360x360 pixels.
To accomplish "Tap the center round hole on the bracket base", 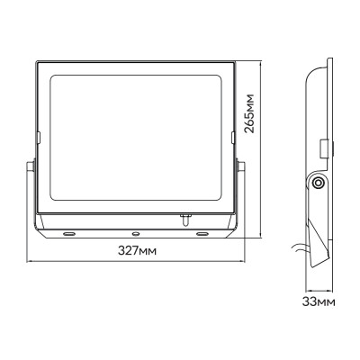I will [x=134, y=231].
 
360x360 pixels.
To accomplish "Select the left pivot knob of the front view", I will [x=30, y=166].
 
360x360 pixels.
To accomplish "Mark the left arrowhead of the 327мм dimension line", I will [x=29, y=263].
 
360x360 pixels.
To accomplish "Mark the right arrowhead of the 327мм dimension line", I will [x=240, y=263].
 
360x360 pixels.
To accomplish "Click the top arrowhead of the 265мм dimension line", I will [x=262, y=66].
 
